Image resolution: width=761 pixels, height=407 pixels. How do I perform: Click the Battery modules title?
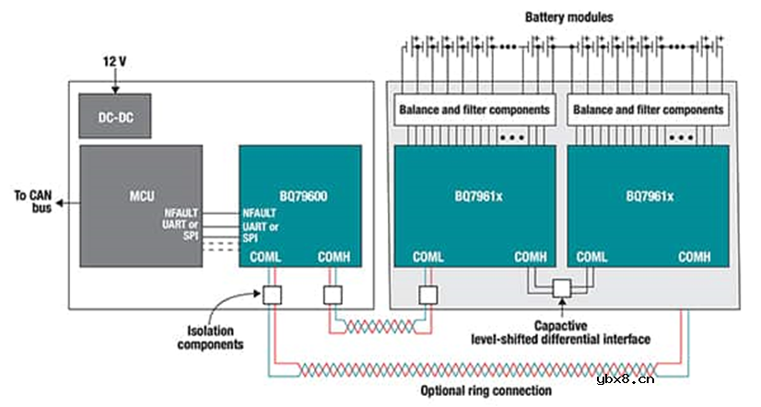click(x=568, y=17)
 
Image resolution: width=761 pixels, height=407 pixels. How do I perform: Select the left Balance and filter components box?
click(x=474, y=110)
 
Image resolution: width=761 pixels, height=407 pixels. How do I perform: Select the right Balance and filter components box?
click(x=648, y=110)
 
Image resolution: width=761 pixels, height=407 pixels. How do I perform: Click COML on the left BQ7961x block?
click(x=430, y=257)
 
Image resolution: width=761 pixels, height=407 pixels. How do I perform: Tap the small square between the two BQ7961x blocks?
click(x=560, y=289)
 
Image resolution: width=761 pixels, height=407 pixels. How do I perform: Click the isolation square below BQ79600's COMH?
click(x=333, y=295)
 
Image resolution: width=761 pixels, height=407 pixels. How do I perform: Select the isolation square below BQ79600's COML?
click(x=273, y=295)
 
